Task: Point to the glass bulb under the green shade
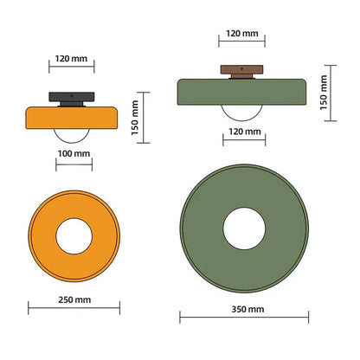coord(244,110)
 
